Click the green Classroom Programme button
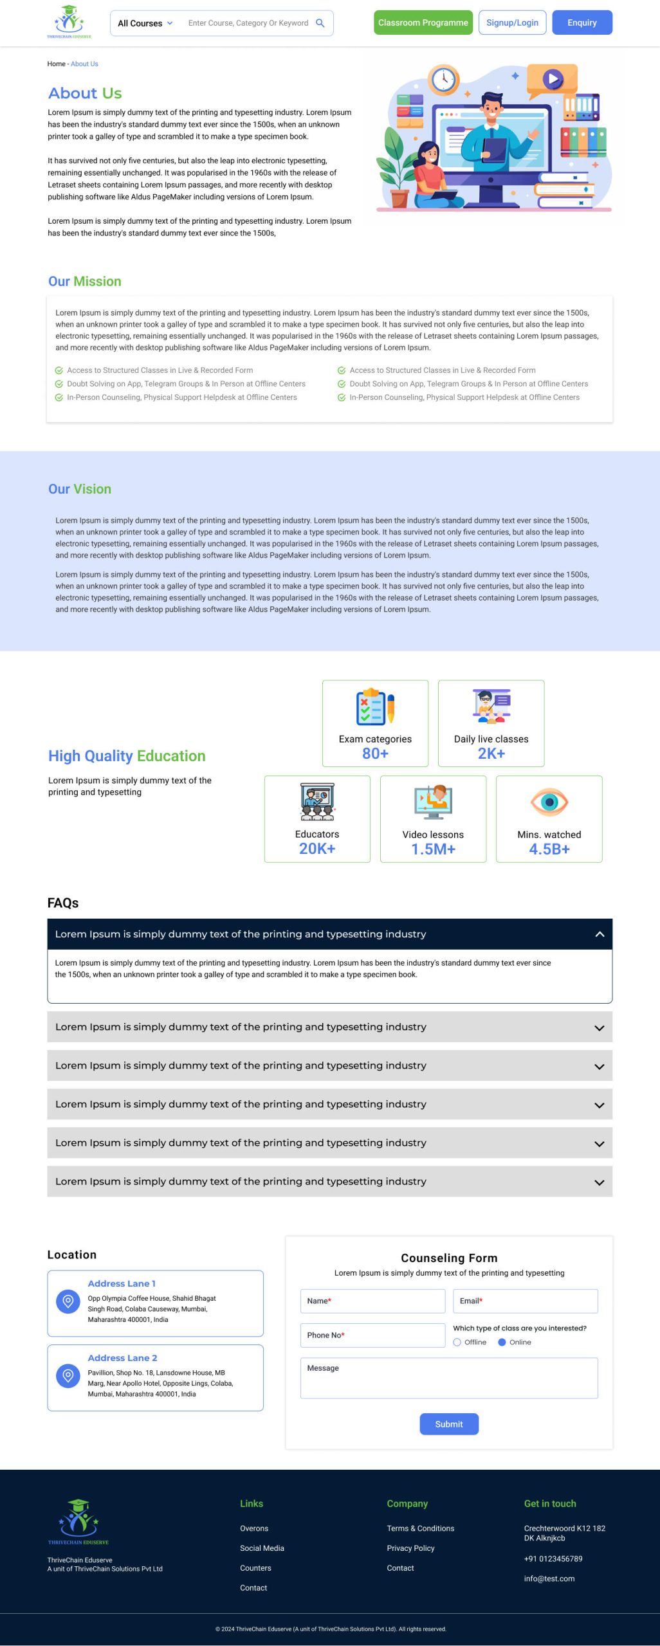coord(423,23)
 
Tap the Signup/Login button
coord(512,23)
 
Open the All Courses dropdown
coord(145,23)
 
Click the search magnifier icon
coord(320,23)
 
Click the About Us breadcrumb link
coord(84,64)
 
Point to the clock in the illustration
coord(443,80)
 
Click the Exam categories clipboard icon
coord(375,707)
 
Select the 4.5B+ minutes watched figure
coord(549,849)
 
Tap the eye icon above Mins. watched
coord(549,802)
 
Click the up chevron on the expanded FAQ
coord(600,934)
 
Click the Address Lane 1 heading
coord(122,1283)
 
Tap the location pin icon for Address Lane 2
coord(68,1375)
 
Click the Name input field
coord(372,1301)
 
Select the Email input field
coord(525,1301)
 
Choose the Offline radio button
coord(457,1342)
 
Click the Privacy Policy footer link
coord(410,1548)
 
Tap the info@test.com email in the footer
coord(549,1578)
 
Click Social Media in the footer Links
coord(262,1548)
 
